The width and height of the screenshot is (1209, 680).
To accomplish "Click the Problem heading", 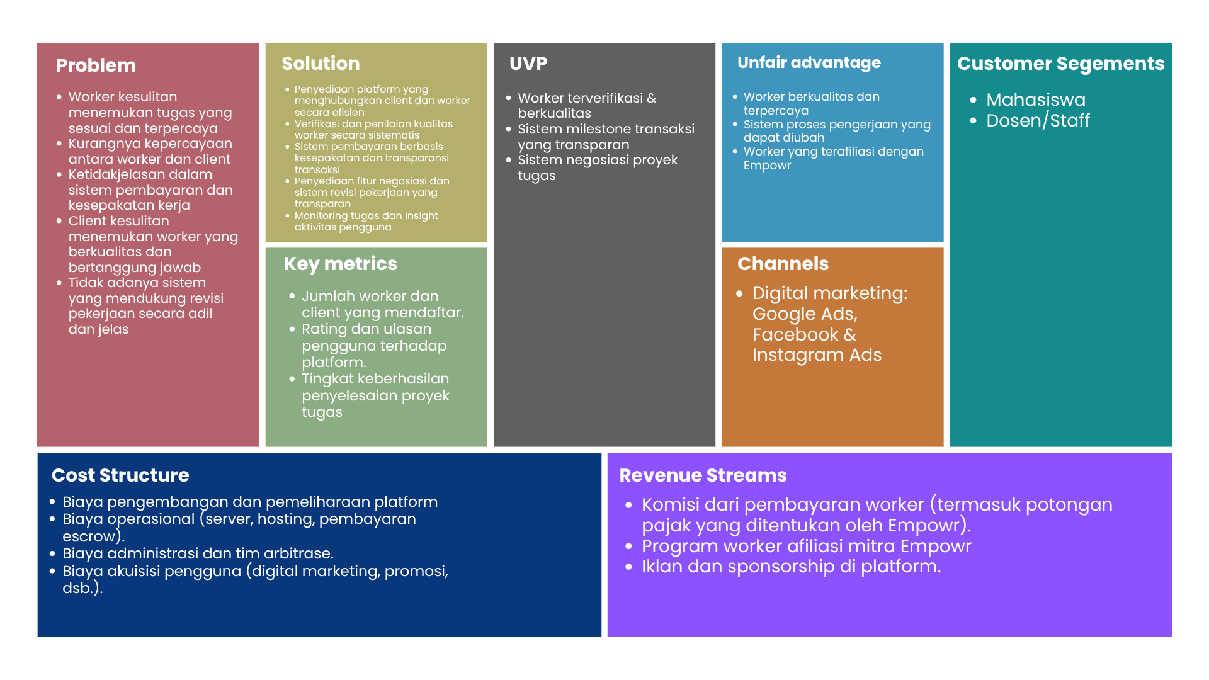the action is pyautogui.click(x=96, y=65).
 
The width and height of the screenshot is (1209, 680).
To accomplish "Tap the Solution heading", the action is pyautogui.click(x=321, y=64).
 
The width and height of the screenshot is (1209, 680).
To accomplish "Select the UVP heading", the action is pyautogui.click(x=528, y=64).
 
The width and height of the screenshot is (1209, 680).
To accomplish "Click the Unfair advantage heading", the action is pyautogui.click(x=809, y=63).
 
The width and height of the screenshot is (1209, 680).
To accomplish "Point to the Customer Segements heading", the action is pyautogui.click(x=1060, y=64).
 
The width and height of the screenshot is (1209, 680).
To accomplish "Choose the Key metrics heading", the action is pyautogui.click(x=340, y=264).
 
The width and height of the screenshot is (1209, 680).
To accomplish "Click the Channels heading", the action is pyautogui.click(x=783, y=264).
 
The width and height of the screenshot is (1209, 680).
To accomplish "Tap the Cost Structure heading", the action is pyautogui.click(x=120, y=475).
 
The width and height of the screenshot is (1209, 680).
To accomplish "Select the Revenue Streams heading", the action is pyautogui.click(x=703, y=475).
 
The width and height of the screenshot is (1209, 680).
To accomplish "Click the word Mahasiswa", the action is pyautogui.click(x=1036, y=100).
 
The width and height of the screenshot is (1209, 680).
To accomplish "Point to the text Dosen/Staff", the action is pyautogui.click(x=1038, y=121).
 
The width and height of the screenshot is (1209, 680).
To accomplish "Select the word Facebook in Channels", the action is pyautogui.click(x=796, y=335).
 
